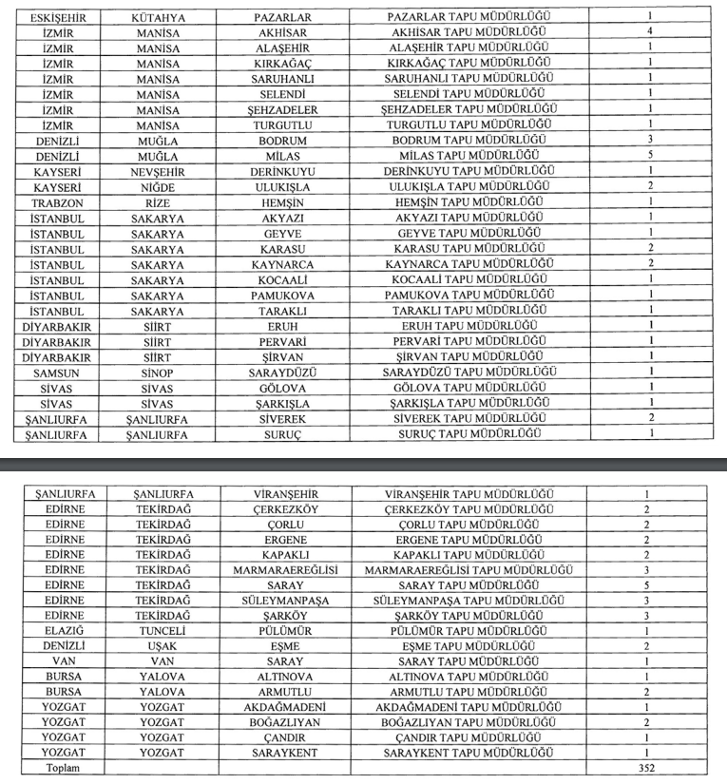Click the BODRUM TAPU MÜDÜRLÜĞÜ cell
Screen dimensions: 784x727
[x=469, y=139]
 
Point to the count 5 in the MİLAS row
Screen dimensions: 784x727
[x=649, y=156]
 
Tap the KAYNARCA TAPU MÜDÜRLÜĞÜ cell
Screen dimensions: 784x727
[x=469, y=263]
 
